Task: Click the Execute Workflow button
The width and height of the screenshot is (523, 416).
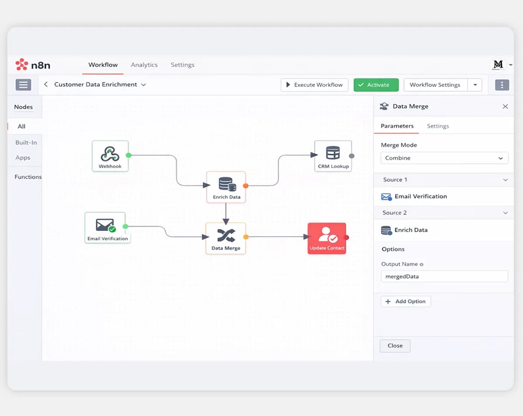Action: (x=314, y=85)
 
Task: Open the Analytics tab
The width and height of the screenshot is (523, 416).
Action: (x=144, y=65)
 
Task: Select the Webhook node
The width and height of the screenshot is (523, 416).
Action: (x=110, y=156)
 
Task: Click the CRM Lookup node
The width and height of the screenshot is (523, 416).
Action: (x=333, y=156)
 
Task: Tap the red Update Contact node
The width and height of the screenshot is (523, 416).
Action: (x=327, y=238)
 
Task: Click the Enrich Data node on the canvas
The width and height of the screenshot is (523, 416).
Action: (x=226, y=187)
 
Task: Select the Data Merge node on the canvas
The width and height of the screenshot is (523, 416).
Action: (x=226, y=238)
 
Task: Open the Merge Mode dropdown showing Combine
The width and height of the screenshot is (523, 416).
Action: (x=444, y=158)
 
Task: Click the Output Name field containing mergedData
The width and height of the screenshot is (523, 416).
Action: (x=444, y=276)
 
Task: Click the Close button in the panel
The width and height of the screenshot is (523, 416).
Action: (x=395, y=346)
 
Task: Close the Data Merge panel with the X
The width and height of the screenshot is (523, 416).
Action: (x=505, y=107)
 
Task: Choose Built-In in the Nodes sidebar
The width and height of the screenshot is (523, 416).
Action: (x=26, y=142)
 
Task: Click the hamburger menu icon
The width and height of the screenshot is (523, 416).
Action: (x=24, y=85)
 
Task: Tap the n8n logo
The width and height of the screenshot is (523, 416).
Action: (x=33, y=65)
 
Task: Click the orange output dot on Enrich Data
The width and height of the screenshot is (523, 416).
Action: (x=246, y=186)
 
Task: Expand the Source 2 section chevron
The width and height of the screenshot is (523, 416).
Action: (x=506, y=213)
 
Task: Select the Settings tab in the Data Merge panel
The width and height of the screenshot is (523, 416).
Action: (x=438, y=126)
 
